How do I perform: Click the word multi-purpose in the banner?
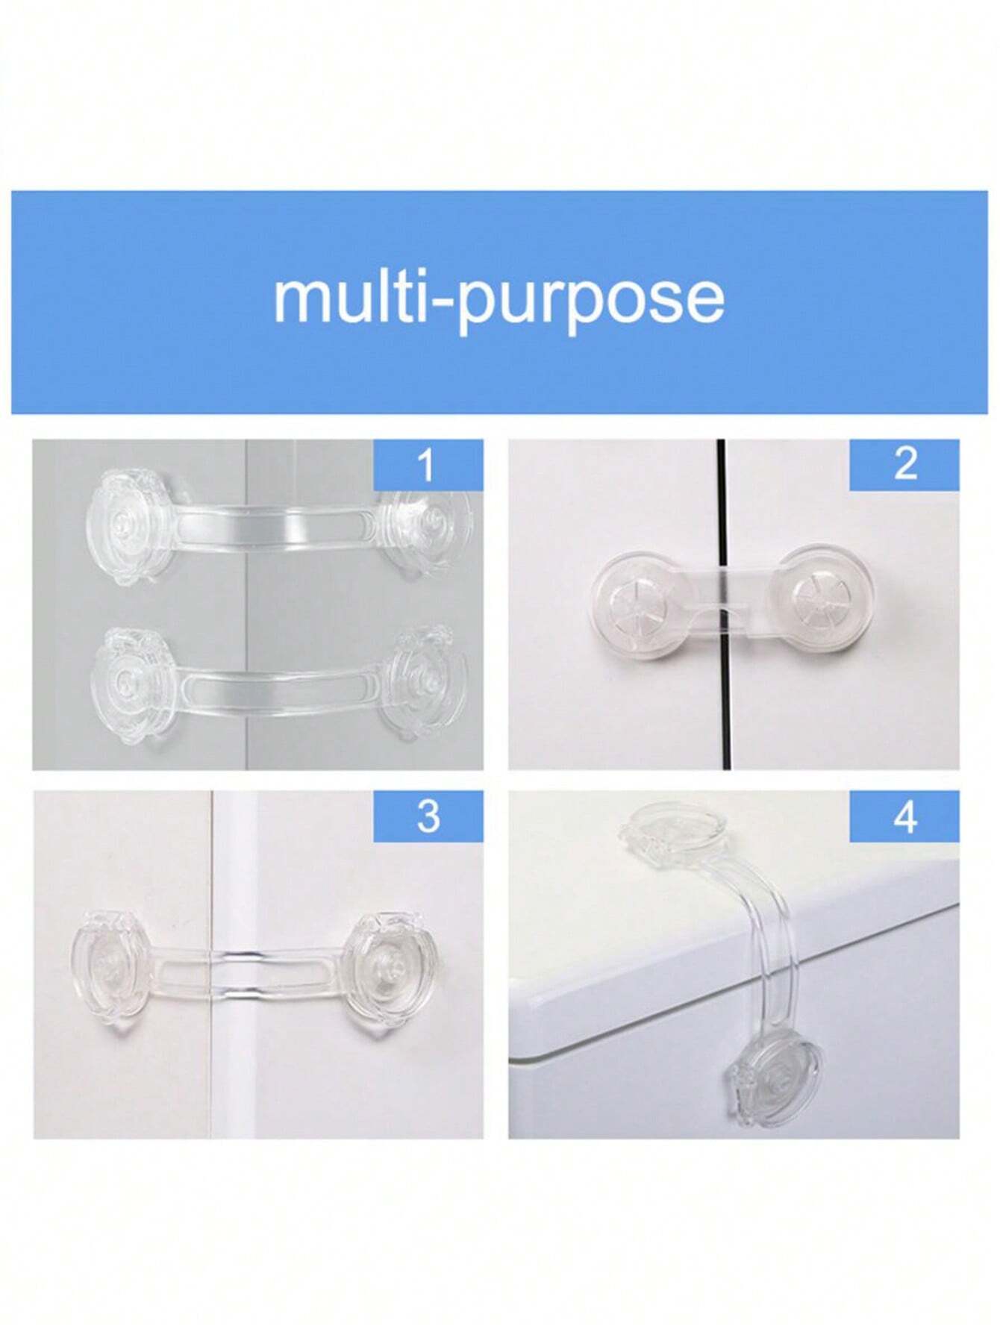click(499, 300)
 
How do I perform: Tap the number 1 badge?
click(428, 465)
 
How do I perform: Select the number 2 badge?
click(904, 465)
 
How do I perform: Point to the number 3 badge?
click(428, 816)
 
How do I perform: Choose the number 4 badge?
click(904, 816)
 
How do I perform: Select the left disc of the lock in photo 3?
click(112, 963)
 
